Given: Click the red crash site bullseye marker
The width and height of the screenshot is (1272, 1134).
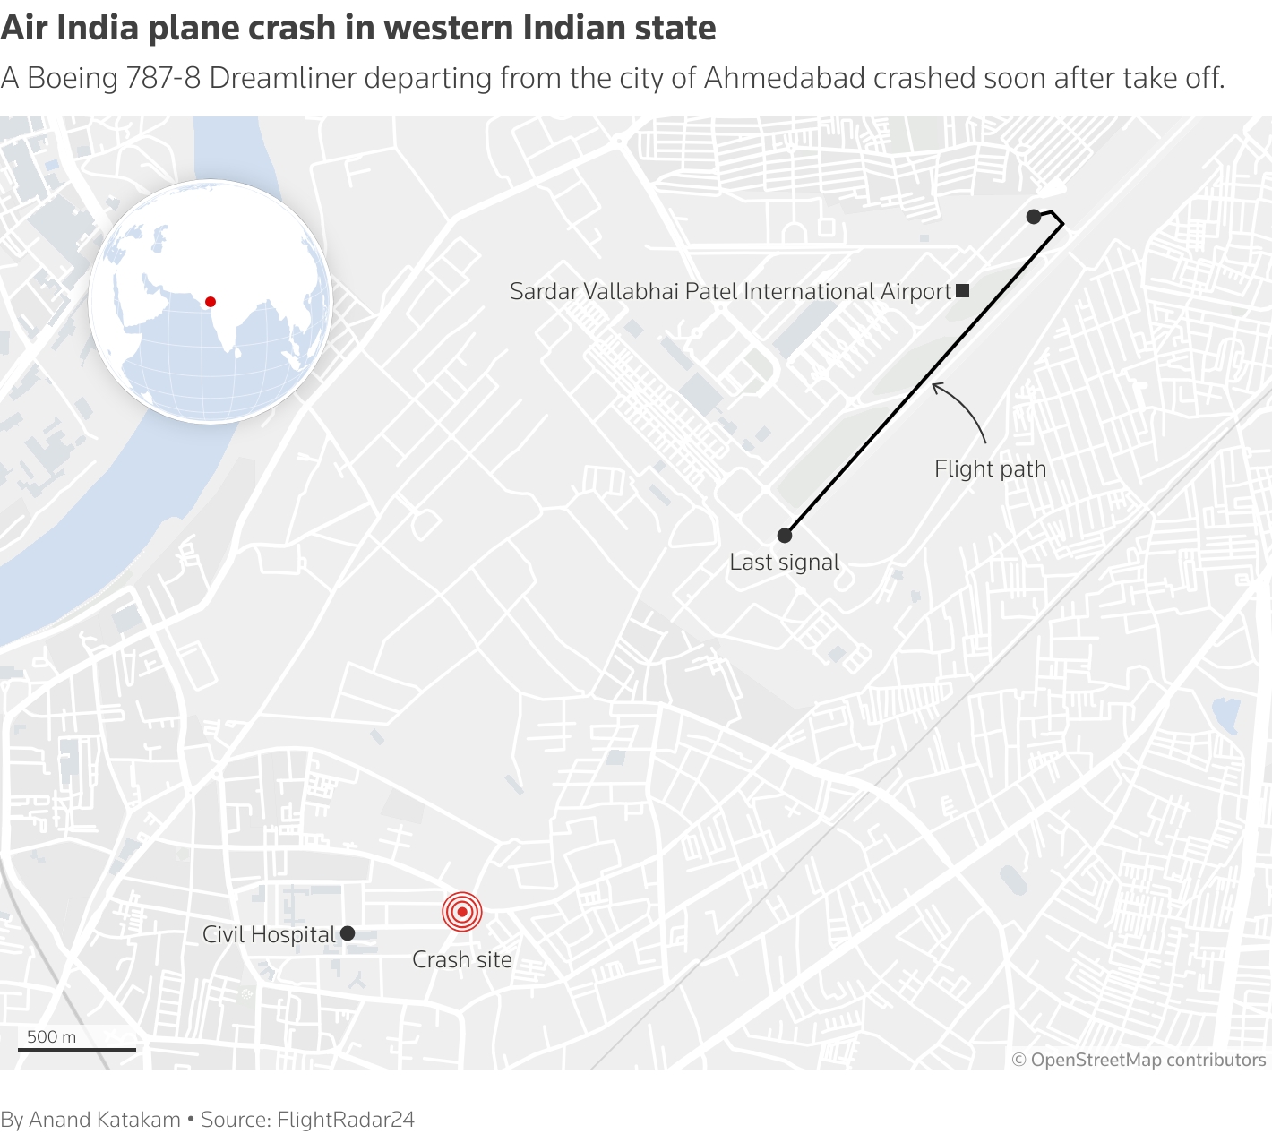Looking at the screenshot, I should pyautogui.click(x=462, y=912).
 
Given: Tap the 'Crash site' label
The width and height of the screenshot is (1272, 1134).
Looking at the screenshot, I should pyautogui.click(x=462, y=959).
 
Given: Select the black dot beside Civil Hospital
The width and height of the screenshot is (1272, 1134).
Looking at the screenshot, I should pyautogui.click(x=348, y=933).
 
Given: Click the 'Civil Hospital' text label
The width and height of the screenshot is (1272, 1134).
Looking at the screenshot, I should pyautogui.click(x=269, y=934).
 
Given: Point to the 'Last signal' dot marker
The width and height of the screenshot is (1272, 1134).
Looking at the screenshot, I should pyautogui.click(x=785, y=536).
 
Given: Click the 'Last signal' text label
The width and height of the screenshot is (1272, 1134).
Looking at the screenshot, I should pyautogui.click(x=785, y=562).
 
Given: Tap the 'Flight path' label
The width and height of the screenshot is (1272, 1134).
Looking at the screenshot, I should pyautogui.click(x=990, y=468).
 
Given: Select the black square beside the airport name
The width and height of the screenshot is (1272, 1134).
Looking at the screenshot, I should pyautogui.click(x=963, y=290).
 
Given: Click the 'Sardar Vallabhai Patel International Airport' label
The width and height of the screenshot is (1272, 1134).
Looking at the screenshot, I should pyautogui.click(x=730, y=291).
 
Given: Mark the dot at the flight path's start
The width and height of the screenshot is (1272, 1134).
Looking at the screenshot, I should pyautogui.click(x=1034, y=216).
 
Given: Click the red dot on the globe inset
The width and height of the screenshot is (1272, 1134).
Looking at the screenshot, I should pyautogui.click(x=211, y=302).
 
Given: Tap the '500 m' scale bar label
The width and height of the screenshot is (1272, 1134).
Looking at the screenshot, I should pyautogui.click(x=52, y=1036).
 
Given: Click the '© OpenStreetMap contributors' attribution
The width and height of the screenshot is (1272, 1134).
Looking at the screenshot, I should pyautogui.click(x=1139, y=1060).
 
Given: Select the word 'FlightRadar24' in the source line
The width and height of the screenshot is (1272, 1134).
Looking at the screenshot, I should pyautogui.click(x=346, y=1119).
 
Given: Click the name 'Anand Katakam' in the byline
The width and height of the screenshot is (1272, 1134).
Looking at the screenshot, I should pyautogui.click(x=105, y=1119).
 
